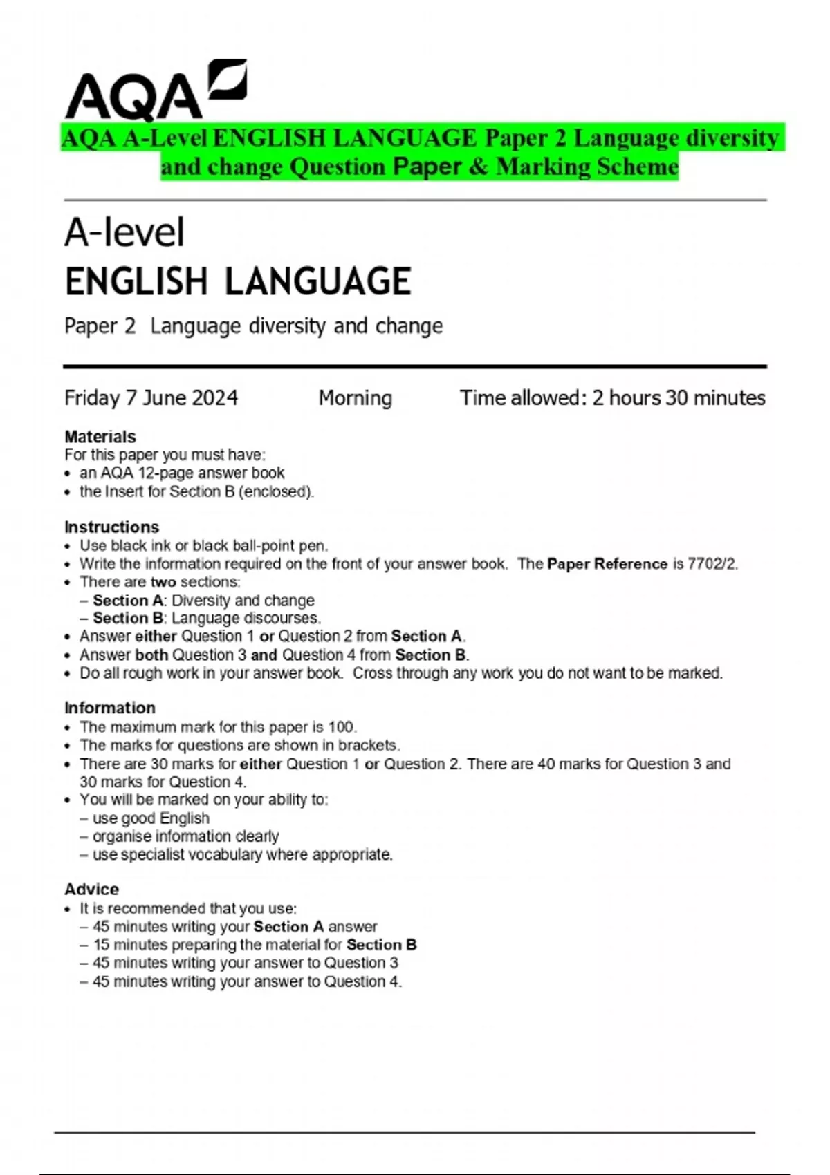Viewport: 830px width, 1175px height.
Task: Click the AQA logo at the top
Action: point(155,90)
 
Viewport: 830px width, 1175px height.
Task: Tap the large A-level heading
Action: point(124,232)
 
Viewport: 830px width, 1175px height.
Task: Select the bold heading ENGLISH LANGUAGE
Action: point(238,281)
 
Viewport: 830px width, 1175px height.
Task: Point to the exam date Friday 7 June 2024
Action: point(151,398)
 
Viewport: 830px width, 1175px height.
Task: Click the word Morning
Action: point(355,398)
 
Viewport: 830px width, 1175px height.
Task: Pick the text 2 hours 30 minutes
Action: point(679,398)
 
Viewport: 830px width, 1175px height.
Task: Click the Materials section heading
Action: point(100,437)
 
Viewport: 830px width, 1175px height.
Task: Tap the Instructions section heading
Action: point(111,527)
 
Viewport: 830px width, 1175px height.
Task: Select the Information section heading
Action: point(110,708)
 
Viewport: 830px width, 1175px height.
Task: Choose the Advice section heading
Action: point(91,889)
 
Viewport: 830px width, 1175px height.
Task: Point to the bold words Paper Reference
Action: point(607,564)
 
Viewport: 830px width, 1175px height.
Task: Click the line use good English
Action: point(151,818)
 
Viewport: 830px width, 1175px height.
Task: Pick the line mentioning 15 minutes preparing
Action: point(255,945)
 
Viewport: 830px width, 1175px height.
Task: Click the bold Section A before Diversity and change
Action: point(128,601)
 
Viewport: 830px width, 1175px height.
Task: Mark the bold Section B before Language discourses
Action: point(128,618)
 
